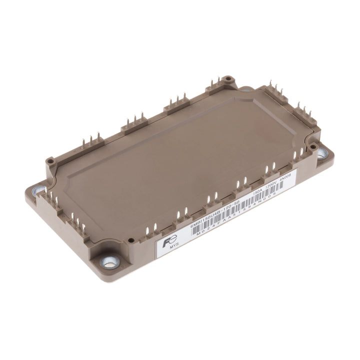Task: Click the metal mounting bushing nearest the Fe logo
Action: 109,261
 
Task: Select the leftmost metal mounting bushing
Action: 38,190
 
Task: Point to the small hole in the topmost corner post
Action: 228,79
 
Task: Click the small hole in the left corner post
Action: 50,161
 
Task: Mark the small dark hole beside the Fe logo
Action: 131,240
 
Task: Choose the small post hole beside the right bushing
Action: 313,147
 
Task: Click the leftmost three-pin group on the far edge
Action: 91,140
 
